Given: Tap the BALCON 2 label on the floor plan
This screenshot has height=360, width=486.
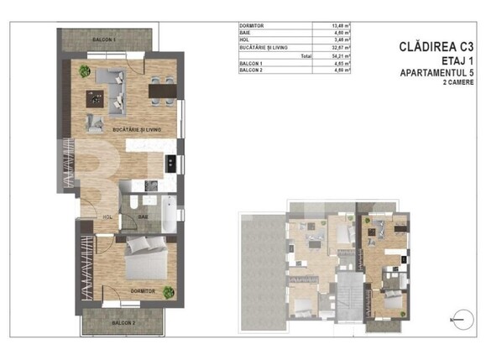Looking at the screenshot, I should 123,322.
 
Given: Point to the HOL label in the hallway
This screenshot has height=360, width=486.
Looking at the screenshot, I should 107,216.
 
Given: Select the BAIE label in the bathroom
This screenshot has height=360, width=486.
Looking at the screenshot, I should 144,216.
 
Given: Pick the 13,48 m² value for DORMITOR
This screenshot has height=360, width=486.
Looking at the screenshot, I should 342,28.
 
